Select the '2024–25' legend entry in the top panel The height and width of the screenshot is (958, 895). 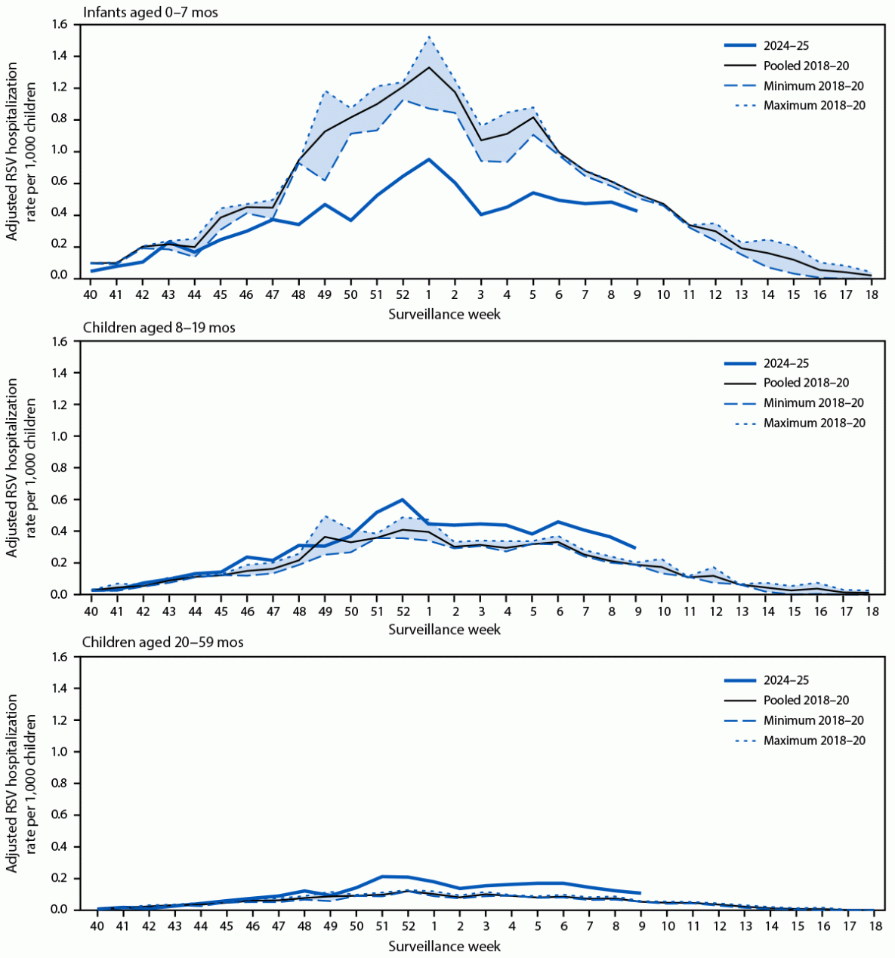click(x=786, y=46)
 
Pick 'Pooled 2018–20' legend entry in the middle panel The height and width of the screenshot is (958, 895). click(x=806, y=383)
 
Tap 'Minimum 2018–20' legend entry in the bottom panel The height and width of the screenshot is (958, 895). click(x=813, y=720)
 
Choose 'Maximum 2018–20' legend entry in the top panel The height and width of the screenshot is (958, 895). click(x=813, y=106)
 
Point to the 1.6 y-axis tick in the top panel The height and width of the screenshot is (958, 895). click(x=60, y=25)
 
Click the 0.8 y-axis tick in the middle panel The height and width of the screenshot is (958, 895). click(x=60, y=468)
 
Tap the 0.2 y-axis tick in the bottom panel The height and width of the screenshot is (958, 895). click(x=60, y=879)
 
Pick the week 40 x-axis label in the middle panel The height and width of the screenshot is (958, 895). click(x=91, y=610)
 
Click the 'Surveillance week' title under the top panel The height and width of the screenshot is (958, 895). click(x=444, y=313)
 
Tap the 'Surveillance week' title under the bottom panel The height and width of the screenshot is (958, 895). click(x=444, y=946)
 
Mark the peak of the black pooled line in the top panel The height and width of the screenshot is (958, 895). click(x=429, y=67)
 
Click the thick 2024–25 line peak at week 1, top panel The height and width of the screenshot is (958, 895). click(x=429, y=159)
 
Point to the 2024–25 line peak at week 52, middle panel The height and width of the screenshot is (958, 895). click(x=403, y=500)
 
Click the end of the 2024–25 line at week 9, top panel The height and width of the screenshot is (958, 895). click(x=637, y=211)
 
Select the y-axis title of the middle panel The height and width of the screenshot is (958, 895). click(x=21, y=468)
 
